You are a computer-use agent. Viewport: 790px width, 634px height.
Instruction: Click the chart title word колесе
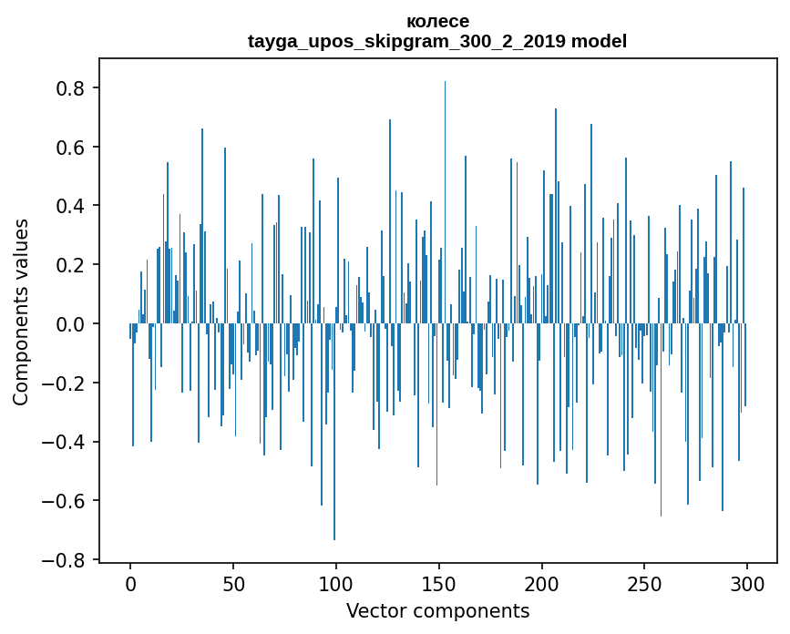point(437,21)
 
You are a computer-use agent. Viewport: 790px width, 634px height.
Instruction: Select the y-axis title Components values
point(21,312)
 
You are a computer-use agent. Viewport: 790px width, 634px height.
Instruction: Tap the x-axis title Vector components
point(437,610)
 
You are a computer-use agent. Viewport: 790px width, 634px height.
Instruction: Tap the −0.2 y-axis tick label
point(66,383)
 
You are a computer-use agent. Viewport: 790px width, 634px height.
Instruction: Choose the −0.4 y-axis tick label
point(66,442)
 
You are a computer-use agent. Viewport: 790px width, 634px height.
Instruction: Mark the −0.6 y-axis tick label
point(66,501)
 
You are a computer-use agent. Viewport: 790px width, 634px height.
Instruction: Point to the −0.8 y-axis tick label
point(66,560)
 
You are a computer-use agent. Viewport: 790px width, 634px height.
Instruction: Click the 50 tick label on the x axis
point(233,582)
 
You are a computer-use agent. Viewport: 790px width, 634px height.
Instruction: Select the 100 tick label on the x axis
point(336,582)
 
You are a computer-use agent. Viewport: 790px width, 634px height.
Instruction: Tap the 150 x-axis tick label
point(439,582)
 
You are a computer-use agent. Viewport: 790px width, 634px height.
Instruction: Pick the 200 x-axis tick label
point(542,582)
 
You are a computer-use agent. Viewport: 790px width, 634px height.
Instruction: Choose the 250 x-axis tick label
point(644,582)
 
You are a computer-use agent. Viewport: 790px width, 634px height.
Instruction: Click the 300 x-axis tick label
point(747,582)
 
